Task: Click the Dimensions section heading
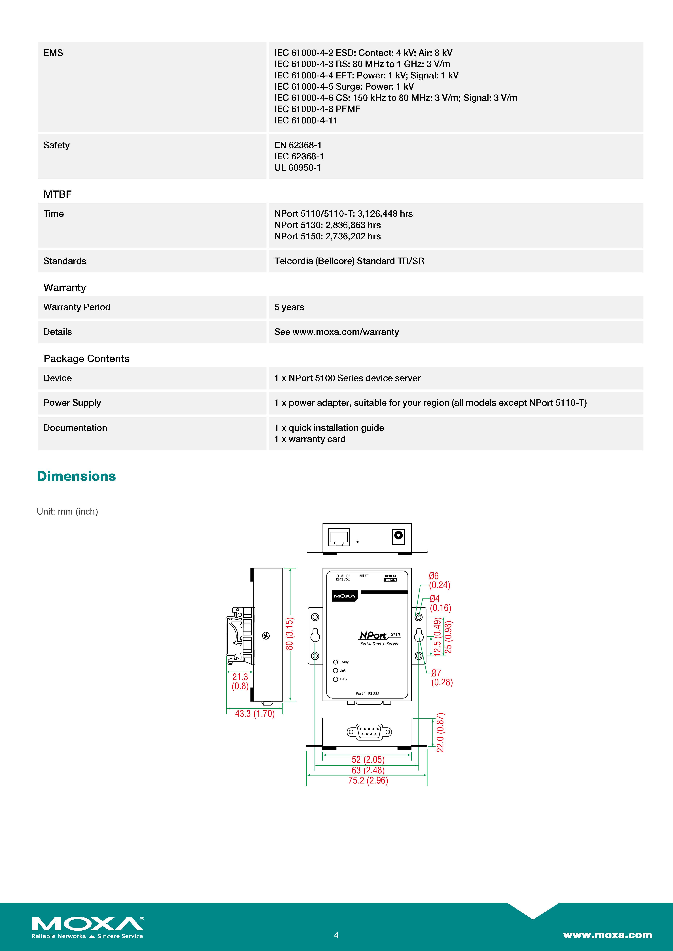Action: coord(76,476)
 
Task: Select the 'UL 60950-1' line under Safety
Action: coord(298,168)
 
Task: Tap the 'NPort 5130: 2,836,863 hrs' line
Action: coord(327,225)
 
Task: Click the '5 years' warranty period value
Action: coord(289,307)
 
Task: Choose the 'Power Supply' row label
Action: coord(72,403)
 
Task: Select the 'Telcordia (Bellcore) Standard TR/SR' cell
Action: coord(349,261)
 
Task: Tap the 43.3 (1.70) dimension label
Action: coord(255,713)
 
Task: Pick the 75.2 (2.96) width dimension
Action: coord(368,780)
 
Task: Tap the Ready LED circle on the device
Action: coord(336,662)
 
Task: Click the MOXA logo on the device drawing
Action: coord(344,596)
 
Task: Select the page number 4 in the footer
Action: coord(336,935)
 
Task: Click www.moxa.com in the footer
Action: coord(607,935)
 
